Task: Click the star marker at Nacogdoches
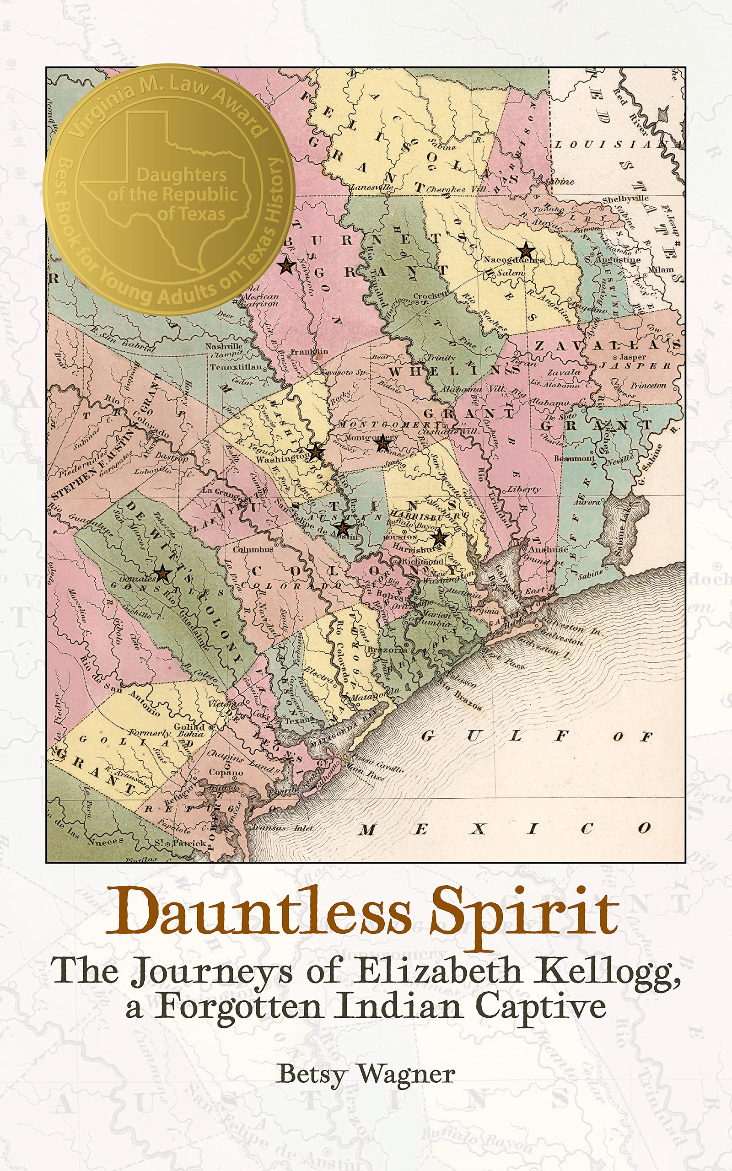pyautogui.click(x=526, y=251)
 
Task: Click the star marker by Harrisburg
pyautogui.click(x=440, y=537)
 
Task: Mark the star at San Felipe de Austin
pyautogui.click(x=343, y=527)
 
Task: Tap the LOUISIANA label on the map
pyautogui.click(x=617, y=144)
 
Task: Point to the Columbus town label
pyautogui.click(x=253, y=549)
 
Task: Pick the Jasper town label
pyautogui.click(x=633, y=357)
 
